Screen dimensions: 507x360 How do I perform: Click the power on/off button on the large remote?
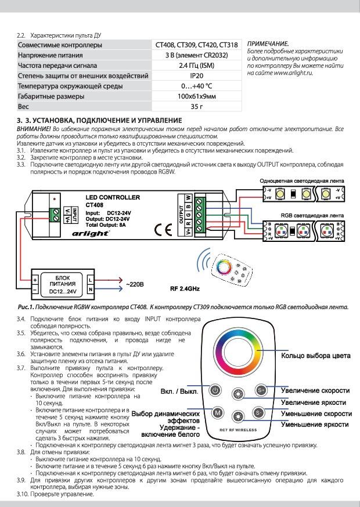[x=215, y=391]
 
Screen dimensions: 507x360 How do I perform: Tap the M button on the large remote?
[x=215, y=412]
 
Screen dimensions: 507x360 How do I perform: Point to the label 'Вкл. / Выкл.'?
[x=180, y=392]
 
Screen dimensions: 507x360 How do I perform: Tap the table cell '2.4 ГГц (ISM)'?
[x=196, y=66]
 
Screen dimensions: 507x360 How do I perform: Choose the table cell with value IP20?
[x=196, y=76]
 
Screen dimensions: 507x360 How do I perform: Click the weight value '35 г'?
[x=196, y=107]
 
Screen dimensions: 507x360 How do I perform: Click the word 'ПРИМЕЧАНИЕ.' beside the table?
[x=268, y=44]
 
